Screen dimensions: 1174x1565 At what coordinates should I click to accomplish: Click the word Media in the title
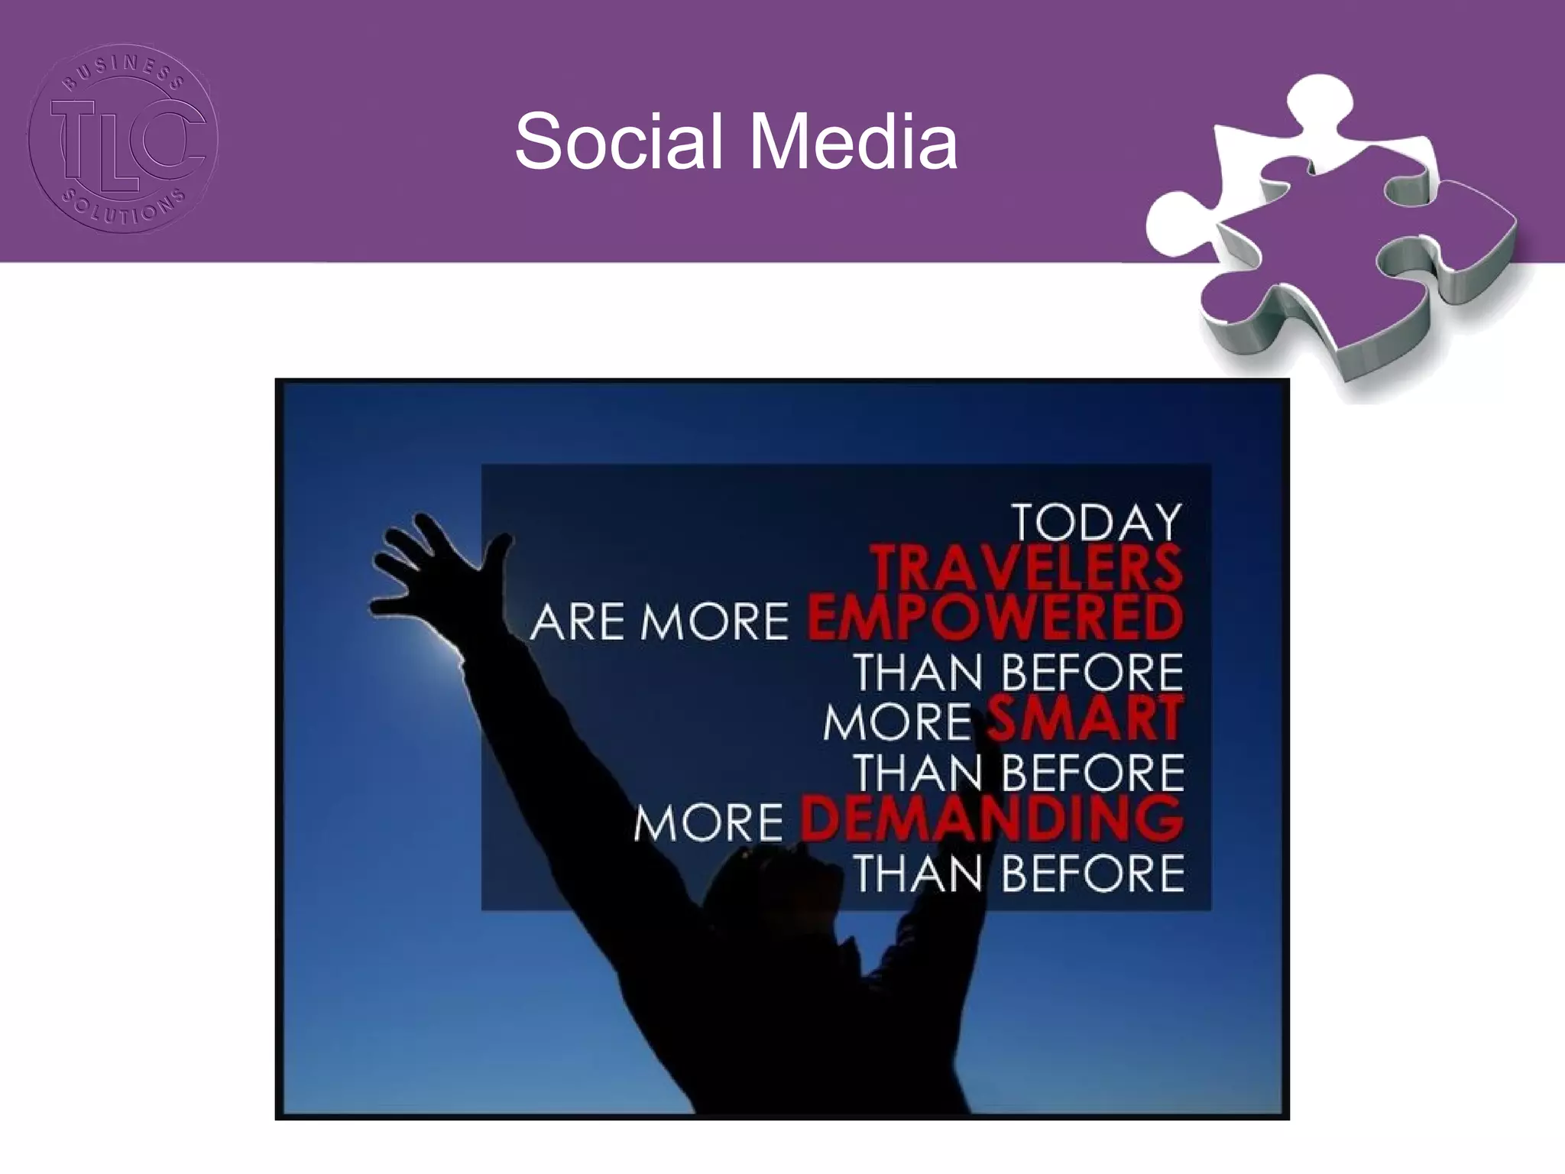[853, 142]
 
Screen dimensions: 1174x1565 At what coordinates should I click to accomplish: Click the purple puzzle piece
[1345, 252]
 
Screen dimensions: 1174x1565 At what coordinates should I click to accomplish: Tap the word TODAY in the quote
[1097, 523]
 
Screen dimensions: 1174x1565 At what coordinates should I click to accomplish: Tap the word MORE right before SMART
[897, 722]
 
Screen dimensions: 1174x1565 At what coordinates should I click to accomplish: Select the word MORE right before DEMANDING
[708, 822]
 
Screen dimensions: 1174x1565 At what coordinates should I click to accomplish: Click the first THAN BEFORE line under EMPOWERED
[1018, 673]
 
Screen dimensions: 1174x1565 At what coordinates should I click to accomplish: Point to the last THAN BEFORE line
[1018, 873]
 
